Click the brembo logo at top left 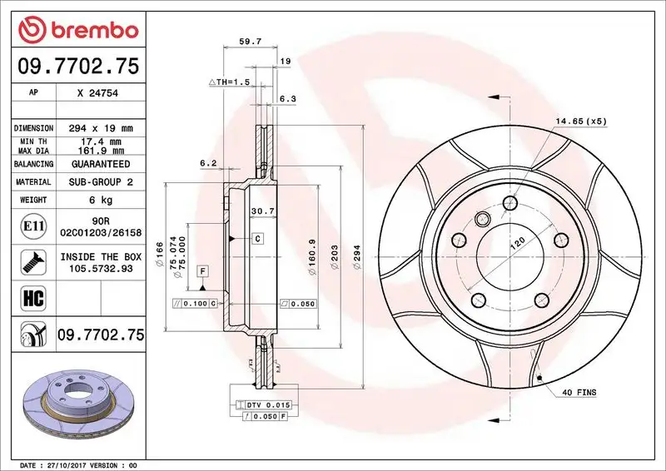click(x=77, y=30)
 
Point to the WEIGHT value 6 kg click(x=101, y=200)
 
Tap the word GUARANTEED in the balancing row click(x=101, y=165)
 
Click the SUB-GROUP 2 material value click(x=101, y=181)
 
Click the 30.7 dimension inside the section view click(x=262, y=209)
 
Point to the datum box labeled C click(x=257, y=239)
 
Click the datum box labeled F click(x=201, y=271)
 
